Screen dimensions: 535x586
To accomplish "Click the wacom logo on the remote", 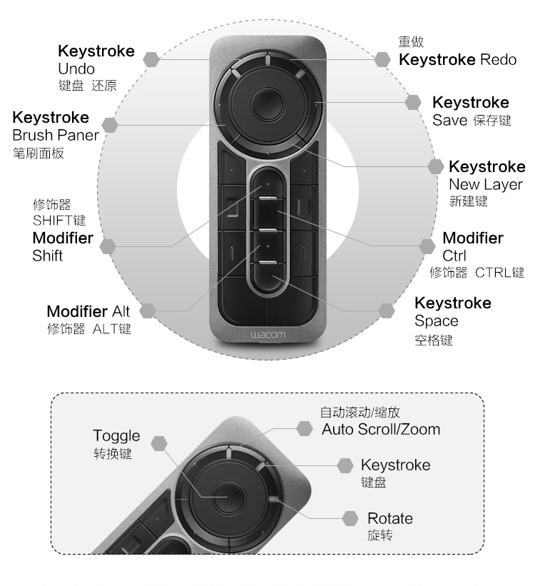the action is [x=268, y=335].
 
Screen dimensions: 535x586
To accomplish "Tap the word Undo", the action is [x=76, y=69].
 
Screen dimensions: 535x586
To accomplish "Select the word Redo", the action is [x=498, y=59].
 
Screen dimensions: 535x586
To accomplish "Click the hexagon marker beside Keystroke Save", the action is [x=413, y=102].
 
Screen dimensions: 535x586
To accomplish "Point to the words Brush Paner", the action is [x=56, y=135].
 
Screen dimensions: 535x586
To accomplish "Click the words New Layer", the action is [x=485, y=184].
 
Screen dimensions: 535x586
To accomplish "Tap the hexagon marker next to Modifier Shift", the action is [x=108, y=246].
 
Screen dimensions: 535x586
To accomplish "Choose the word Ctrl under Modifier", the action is [x=454, y=256].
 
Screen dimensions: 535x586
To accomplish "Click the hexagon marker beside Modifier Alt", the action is [x=148, y=310].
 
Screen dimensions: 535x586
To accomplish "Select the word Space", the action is [x=436, y=321].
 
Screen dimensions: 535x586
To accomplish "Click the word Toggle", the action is [x=116, y=436].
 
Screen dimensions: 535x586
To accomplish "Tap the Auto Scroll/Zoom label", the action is [x=381, y=430].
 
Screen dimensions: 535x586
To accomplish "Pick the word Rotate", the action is [x=389, y=518].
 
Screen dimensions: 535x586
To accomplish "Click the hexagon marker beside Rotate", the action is [x=350, y=518].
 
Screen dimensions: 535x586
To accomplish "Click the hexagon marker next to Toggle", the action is [x=159, y=444].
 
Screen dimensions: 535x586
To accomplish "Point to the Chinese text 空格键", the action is [x=433, y=340].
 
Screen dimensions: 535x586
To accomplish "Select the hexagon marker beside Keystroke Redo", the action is [x=382, y=59].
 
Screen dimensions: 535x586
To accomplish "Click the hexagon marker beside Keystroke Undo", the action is [x=151, y=59].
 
